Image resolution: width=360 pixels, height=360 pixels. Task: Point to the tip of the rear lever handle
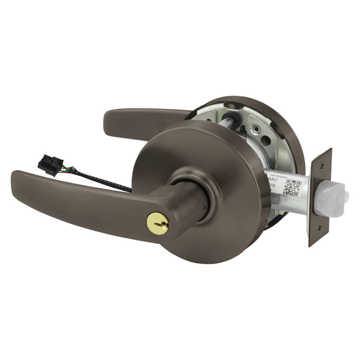click(x=110, y=116)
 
